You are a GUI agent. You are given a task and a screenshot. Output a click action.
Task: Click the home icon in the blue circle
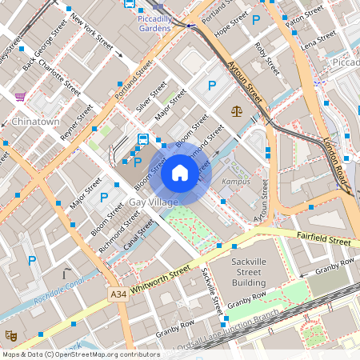tap(180, 173)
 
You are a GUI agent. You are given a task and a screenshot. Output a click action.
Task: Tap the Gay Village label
tap(154, 202)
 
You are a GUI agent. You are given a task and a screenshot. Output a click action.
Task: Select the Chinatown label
tap(35, 122)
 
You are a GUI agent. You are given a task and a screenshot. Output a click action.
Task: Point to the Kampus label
tap(236, 182)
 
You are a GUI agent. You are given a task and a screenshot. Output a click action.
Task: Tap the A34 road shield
tap(118, 295)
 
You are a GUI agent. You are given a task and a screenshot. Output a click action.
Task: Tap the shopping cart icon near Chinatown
tap(20, 96)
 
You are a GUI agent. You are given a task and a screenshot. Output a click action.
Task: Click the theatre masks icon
tap(11, 336)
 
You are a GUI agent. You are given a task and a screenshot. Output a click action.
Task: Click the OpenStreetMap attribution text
tap(80, 354)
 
